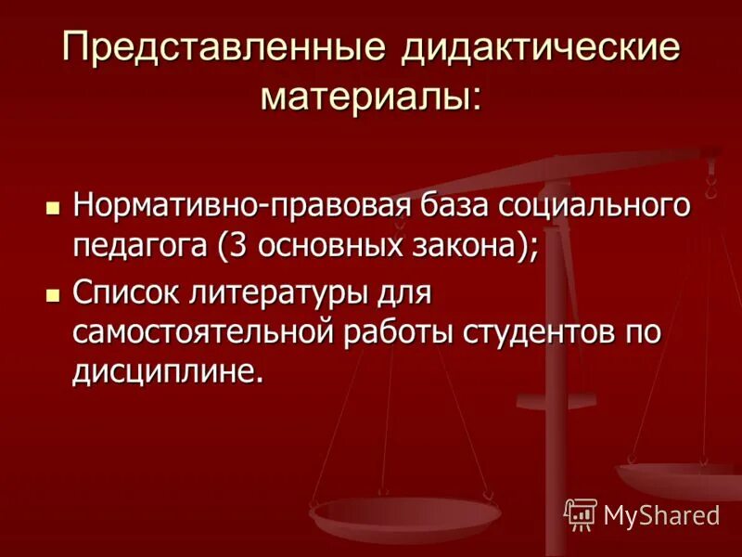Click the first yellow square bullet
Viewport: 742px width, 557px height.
pos(53,206)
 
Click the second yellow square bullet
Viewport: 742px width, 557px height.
pos(53,294)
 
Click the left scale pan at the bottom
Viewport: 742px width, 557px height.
pos(405,512)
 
